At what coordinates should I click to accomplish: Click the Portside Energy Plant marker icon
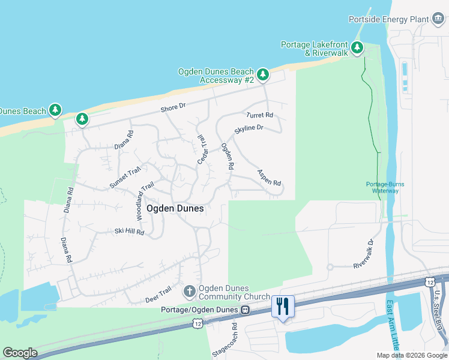(438, 19)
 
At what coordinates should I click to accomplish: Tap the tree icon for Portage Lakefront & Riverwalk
(357, 47)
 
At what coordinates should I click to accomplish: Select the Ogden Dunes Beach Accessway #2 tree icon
(263, 76)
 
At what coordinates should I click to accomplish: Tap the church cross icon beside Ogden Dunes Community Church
(190, 292)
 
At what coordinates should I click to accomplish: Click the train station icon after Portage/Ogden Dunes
(245, 310)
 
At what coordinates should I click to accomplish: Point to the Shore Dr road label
(173, 107)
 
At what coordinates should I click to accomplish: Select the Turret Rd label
(259, 115)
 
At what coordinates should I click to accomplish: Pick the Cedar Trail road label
(202, 149)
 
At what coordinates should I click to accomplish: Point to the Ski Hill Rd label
(129, 232)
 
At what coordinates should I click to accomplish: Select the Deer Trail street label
(158, 294)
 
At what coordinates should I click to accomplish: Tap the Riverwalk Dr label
(364, 254)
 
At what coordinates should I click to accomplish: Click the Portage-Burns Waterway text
(382, 187)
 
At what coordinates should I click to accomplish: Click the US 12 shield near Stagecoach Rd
(198, 323)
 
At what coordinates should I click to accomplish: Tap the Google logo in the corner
(20, 352)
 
